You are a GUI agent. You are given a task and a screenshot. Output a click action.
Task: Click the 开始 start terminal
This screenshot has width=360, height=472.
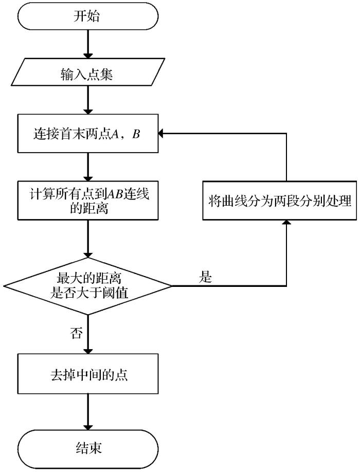coord(88,17)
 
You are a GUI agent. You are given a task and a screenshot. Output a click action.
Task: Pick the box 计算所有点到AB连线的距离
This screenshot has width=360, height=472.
coord(88,200)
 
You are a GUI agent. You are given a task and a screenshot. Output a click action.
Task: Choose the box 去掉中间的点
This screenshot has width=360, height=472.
coord(88,375)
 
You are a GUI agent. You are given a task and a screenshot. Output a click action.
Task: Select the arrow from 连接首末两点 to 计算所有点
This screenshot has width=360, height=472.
coord(88,166)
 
